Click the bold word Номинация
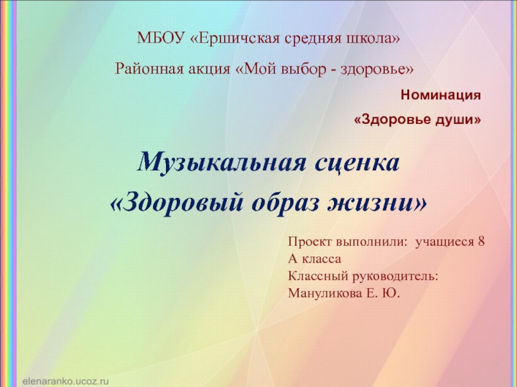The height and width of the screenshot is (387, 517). coord(441,95)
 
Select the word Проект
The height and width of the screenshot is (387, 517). coord(310,243)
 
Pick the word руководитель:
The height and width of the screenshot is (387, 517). coord(399,276)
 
